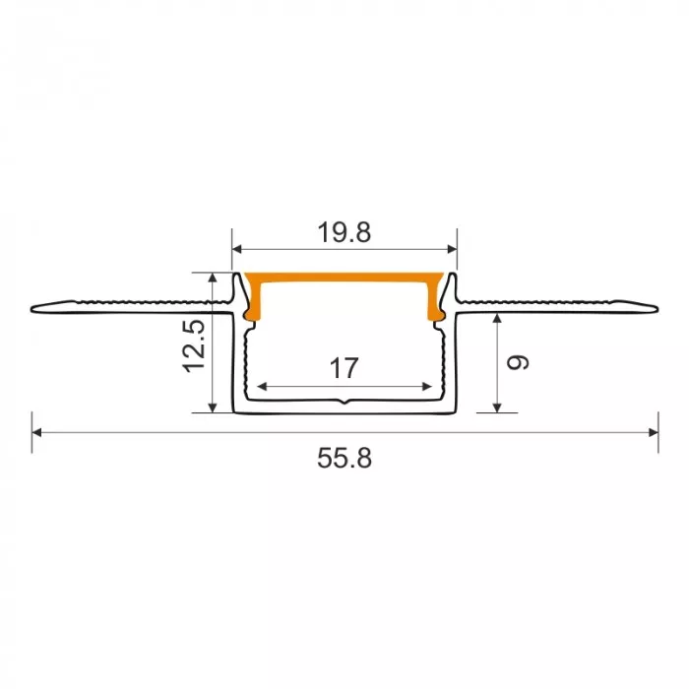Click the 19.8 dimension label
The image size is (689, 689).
(x=344, y=232)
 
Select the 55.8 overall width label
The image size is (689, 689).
(x=344, y=459)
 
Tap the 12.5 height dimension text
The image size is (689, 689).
(x=194, y=346)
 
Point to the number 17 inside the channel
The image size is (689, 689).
(x=344, y=368)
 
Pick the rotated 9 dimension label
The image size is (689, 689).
(x=518, y=362)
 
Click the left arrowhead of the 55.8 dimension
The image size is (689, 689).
(x=37, y=433)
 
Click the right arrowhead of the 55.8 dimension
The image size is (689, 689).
(x=654, y=433)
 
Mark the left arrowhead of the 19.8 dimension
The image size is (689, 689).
(x=237, y=250)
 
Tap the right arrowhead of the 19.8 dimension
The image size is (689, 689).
(x=452, y=250)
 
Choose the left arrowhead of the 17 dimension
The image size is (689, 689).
(x=262, y=387)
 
